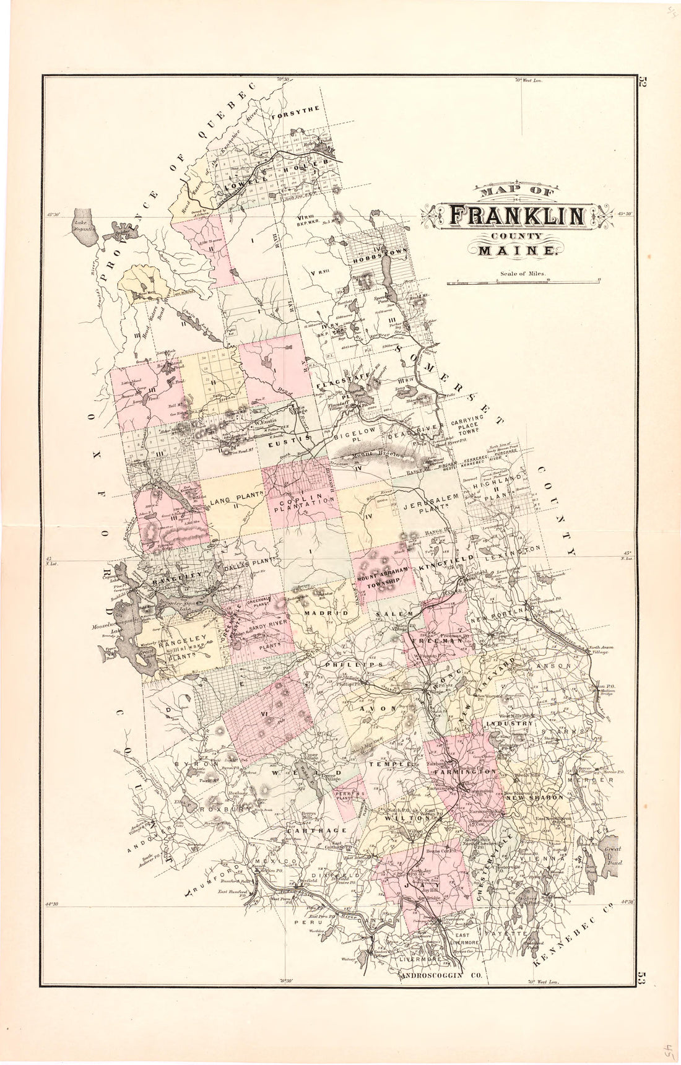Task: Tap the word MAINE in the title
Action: (x=516, y=251)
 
